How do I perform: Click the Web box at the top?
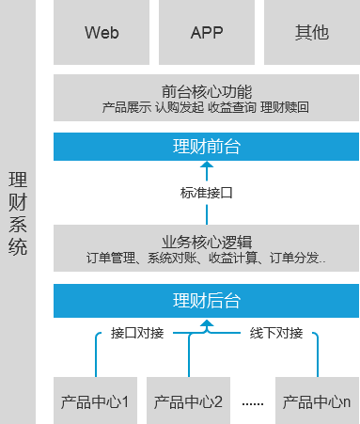[x=102, y=33]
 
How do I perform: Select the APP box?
[x=207, y=33]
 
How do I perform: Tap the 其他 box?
[x=311, y=33]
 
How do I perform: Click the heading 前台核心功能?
[x=207, y=92]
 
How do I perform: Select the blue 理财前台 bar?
[x=207, y=147]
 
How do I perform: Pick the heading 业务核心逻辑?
[x=207, y=239]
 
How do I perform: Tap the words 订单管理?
[x=110, y=256]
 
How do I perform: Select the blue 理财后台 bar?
[x=207, y=301]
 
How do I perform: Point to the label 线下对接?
[x=276, y=333]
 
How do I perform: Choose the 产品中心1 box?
[x=95, y=401]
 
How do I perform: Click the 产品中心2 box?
[x=189, y=401]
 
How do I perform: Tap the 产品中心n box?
[x=317, y=401]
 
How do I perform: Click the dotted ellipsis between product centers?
[x=253, y=403]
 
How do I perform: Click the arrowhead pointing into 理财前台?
[x=207, y=165]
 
